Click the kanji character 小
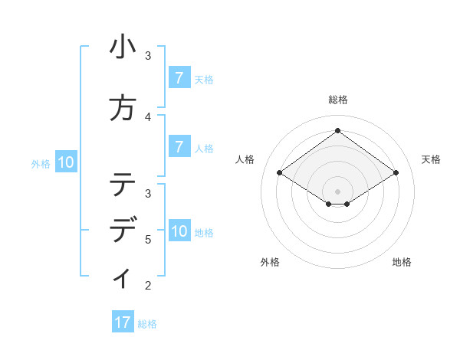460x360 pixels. [x=123, y=49]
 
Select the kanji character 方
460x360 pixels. [x=123, y=108]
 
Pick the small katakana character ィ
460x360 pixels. [x=123, y=277]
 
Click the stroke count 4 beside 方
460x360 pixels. [x=148, y=116]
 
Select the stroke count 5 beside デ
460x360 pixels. [x=148, y=239]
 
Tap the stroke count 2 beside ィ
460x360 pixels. [x=148, y=286]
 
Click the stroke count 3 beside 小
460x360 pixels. [x=148, y=56]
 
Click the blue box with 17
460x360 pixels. [x=123, y=322]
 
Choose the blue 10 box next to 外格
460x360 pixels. [x=65, y=162]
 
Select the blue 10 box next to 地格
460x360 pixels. [x=179, y=231]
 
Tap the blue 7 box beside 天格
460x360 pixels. [x=179, y=77]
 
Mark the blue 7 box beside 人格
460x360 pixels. [x=179, y=147]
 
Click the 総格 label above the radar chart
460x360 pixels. [x=338, y=100]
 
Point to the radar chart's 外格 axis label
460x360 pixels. [x=270, y=262]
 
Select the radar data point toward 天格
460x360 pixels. [x=396, y=173]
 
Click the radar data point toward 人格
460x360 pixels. [x=280, y=173]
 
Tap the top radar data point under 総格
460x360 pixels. [x=337, y=130]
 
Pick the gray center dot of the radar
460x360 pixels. [x=337, y=191]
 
